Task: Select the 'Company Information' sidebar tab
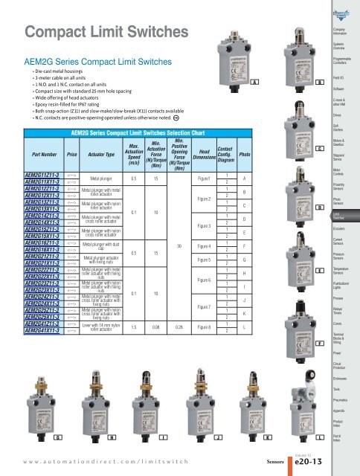pos(340,33)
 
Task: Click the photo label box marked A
pos(256,81)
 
